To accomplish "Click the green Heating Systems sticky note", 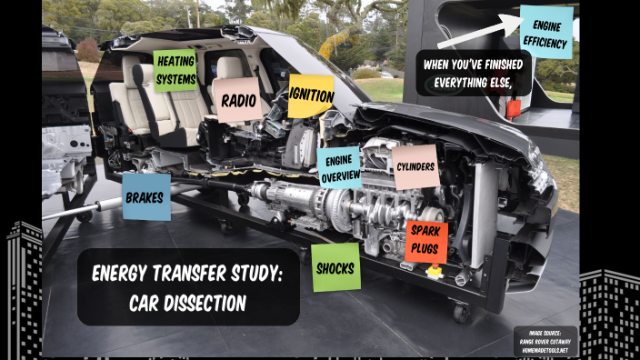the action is pyautogui.click(x=175, y=71).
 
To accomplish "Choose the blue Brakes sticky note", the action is pyautogui.click(x=145, y=196).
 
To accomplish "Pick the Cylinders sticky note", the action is pyautogui.click(x=415, y=167).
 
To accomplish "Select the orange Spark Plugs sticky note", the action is pyautogui.click(x=425, y=242).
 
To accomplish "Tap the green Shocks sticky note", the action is pyautogui.click(x=335, y=267).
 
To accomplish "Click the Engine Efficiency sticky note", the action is pyautogui.click(x=546, y=33).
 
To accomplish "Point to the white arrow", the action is pyautogui.click(x=477, y=32).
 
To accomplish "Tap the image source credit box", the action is pyautogui.click(x=545, y=340).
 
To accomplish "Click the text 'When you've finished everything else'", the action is pyautogui.click(x=474, y=73).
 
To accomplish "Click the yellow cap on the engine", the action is pyautogui.click(x=434, y=271).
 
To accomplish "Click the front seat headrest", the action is pyautogui.click(x=226, y=67).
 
